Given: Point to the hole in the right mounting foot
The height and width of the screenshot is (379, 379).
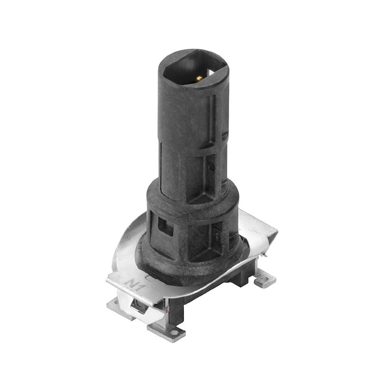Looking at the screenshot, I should [x=265, y=280].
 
